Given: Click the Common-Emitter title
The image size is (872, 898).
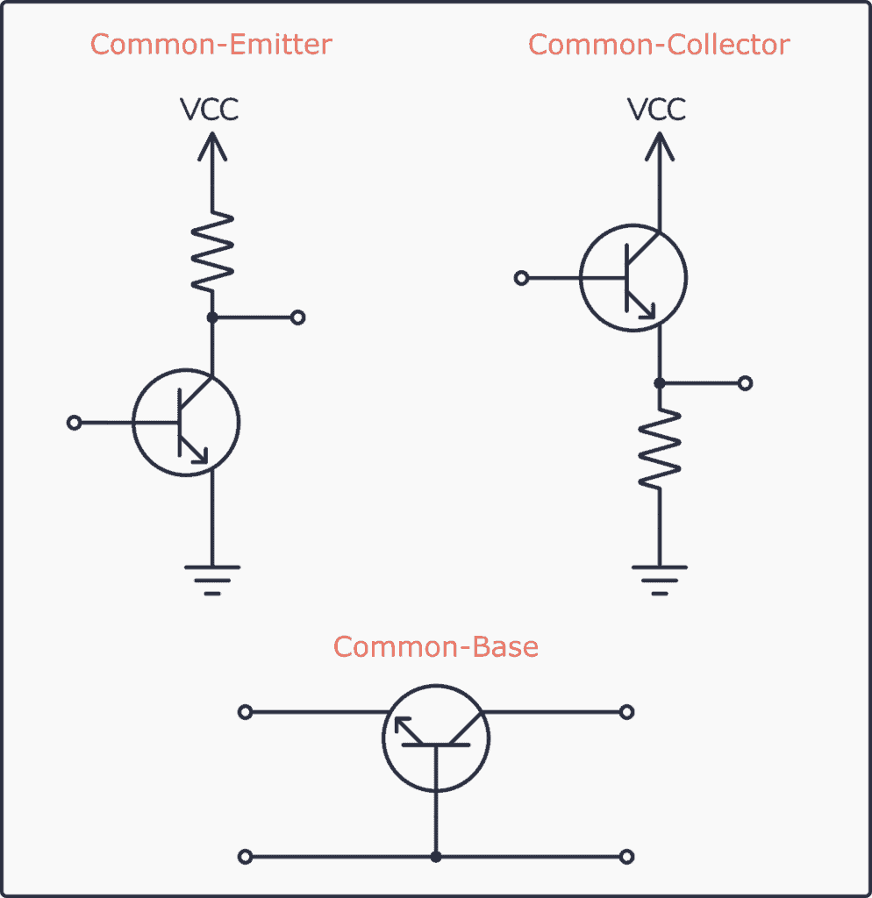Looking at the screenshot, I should coord(211,44).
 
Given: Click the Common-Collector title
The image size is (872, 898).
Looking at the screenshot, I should coord(659,44).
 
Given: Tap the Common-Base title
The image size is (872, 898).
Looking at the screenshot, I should coord(436,647).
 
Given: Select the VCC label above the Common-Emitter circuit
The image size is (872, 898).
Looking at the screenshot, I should coord(210,110).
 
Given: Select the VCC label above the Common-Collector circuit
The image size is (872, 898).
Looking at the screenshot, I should coord(657,110).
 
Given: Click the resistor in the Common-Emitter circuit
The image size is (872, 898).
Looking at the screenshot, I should coord(211,253).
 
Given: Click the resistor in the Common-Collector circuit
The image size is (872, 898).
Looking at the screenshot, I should coord(659,449).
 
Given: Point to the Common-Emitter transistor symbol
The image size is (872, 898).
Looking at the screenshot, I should coord(186,424).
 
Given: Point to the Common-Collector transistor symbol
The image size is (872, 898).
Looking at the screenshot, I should coord(633,279).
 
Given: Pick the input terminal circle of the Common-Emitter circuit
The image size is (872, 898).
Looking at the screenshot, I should coord(75,423).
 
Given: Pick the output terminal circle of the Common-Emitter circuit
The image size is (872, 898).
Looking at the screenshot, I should coord(297,317).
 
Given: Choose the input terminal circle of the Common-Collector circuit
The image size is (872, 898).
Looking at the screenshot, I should coord(522,278).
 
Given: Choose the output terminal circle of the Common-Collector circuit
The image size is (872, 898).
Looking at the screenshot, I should coord(745,383).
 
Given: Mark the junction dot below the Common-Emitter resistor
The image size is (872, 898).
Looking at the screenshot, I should coord(211,317).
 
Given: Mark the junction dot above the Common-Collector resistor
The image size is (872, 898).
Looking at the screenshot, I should coord(659,383).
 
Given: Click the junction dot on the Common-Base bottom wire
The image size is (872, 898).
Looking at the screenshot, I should coord(436,856).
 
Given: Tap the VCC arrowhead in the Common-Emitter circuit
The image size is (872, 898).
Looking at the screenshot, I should coord(211,144).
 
